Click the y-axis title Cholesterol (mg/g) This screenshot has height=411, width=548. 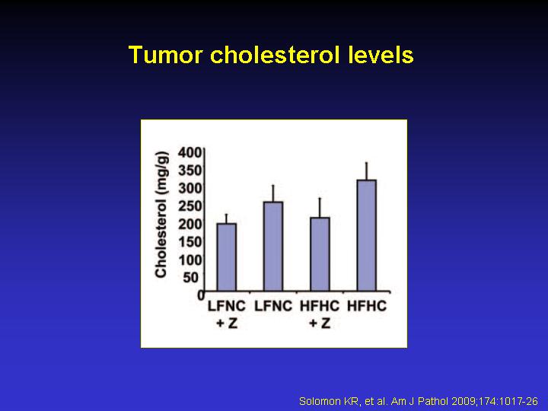click(161, 215)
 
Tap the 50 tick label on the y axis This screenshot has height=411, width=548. click(192, 278)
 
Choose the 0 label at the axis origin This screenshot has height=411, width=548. click(201, 295)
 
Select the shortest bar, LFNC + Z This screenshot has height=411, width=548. click(227, 257)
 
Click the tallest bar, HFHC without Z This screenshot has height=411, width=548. click(367, 235)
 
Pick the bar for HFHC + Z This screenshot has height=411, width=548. click(320, 254)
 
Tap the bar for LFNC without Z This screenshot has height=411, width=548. click(273, 246)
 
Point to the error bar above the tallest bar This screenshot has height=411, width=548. click(367, 171)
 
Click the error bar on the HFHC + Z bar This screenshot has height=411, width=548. click(320, 208)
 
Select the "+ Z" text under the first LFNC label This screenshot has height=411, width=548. click(227, 323)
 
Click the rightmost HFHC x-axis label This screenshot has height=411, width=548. click(367, 306)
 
